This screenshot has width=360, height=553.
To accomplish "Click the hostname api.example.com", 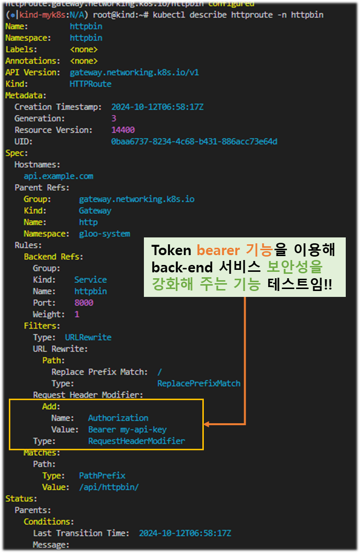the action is click(58, 176).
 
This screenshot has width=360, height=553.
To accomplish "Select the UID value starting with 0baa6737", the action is click(194, 142).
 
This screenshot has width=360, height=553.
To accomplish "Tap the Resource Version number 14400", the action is click(123, 130).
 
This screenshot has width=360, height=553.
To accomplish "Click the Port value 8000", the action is click(83, 303).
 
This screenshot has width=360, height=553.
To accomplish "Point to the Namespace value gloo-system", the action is click(105, 234).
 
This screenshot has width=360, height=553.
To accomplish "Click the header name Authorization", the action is click(118, 418).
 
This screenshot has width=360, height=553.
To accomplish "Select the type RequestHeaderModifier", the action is click(137, 441).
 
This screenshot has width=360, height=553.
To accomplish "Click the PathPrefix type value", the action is click(102, 476).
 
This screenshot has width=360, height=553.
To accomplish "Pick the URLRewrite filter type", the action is click(88, 337).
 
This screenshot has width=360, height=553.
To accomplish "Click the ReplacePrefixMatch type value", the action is click(199, 383).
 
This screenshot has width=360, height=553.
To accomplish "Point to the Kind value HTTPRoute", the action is click(90, 84).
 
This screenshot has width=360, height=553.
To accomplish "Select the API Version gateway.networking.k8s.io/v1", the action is click(134, 73).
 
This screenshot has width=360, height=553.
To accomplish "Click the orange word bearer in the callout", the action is click(218, 250).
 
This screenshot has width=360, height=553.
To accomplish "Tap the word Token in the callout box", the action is click(172, 250).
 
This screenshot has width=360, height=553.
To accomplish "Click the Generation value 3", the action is click(114, 118).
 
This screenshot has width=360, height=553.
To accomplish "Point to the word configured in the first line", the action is click(231, 3).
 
